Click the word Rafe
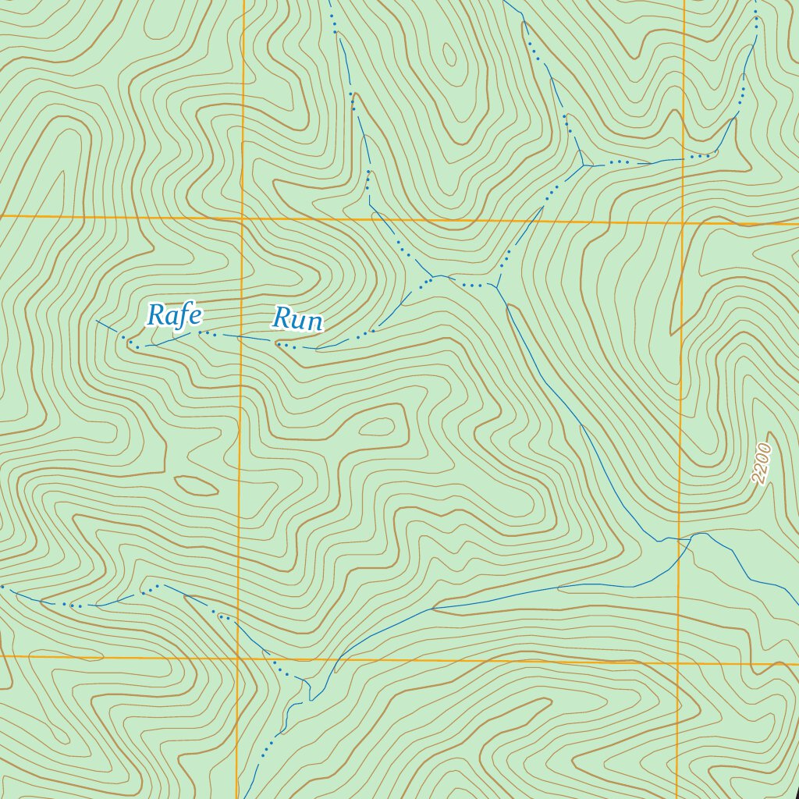175,315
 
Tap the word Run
297,320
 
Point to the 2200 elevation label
762,463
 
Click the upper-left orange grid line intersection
243,218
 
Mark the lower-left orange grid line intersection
237,658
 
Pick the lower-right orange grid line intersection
677,664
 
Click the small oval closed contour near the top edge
449,55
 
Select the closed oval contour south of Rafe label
196,485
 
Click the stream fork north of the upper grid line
584,165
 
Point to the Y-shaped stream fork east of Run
496,286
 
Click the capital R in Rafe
155,315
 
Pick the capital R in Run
281,320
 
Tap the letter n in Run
314,321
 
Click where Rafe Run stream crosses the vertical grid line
240,337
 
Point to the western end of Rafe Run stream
97,320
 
